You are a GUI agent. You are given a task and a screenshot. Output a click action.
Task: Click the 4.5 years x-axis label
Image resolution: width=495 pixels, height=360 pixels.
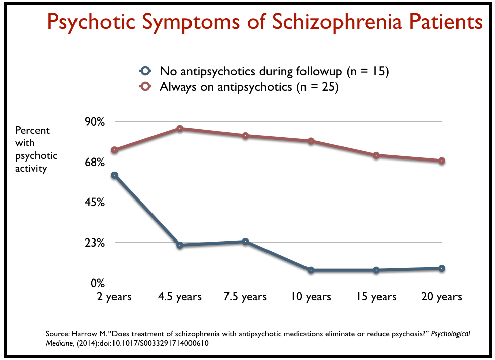tap(180, 297)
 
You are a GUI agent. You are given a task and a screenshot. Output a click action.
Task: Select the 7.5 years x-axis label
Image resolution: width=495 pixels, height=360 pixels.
tap(245, 297)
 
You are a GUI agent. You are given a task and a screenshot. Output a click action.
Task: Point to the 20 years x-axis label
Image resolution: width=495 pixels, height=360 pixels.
tap(441, 297)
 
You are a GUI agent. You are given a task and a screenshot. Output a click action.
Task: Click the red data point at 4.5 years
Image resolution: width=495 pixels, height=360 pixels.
tap(180, 129)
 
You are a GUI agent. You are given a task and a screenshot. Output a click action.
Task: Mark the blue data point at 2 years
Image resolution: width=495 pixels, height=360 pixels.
tap(115, 175)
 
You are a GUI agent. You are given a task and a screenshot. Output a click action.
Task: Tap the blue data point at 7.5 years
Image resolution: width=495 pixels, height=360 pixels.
tap(245, 242)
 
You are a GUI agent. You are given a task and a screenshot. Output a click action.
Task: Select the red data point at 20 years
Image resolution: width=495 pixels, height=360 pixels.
tap(441, 161)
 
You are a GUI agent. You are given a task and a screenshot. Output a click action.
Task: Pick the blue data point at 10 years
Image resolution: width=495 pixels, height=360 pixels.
tap(311, 270)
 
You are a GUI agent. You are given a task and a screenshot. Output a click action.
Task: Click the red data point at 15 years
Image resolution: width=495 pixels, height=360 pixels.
tap(376, 155)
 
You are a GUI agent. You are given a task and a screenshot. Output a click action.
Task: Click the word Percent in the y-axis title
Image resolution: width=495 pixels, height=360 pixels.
tap(32, 130)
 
